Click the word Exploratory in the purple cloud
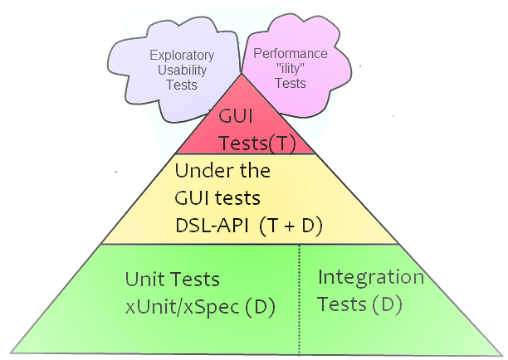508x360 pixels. point(182,56)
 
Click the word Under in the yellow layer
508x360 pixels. point(198,172)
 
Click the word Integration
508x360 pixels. point(371,277)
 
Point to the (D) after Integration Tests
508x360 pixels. point(386,304)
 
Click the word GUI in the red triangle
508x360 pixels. point(235,117)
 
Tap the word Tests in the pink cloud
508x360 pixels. point(290,83)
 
